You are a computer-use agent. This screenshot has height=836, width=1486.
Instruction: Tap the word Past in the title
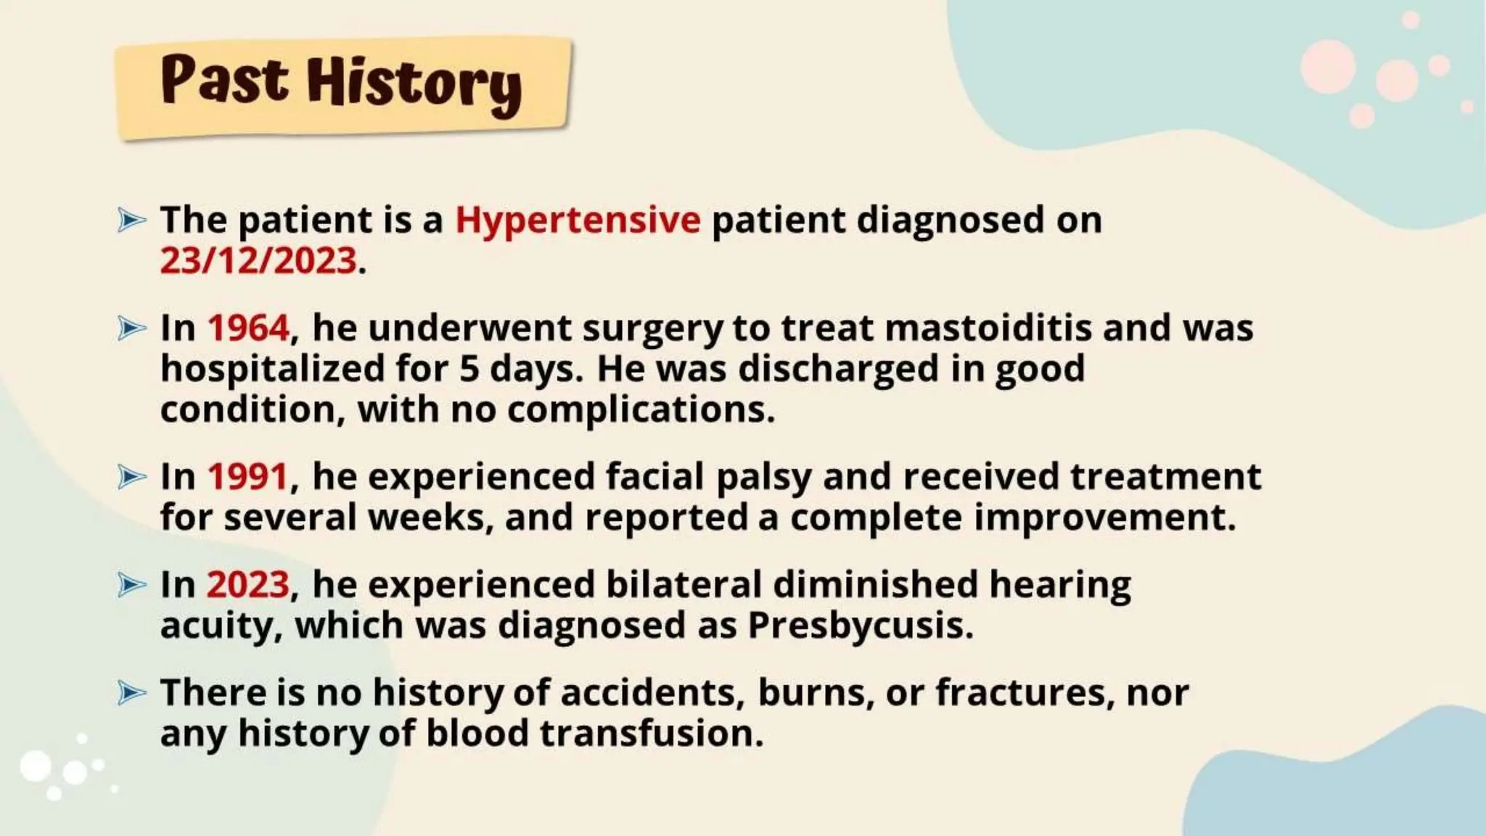pyautogui.click(x=224, y=80)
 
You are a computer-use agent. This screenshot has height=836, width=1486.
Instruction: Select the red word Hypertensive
pyautogui.click(x=578, y=220)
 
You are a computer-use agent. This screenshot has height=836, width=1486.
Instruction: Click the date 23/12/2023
pyautogui.click(x=258, y=261)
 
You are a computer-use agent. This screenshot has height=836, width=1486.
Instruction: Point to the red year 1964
pyautogui.click(x=248, y=328)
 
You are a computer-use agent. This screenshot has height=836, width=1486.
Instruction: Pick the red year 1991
pyautogui.click(x=247, y=477)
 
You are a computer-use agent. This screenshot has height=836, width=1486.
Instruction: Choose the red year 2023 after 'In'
pyautogui.click(x=247, y=585)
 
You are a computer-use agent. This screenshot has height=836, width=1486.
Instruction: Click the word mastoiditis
pyautogui.click(x=988, y=328)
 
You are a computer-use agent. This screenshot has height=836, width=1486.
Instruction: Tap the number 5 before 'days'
pyautogui.click(x=469, y=369)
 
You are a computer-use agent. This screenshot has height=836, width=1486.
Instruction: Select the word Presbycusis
pyautogui.click(x=860, y=626)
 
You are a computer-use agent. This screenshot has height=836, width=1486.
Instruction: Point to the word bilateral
pyautogui.click(x=684, y=585)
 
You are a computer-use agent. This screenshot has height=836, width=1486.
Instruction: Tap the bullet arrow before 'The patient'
pyautogui.click(x=131, y=220)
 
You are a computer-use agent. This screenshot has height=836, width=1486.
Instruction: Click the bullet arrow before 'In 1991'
pyautogui.click(x=131, y=477)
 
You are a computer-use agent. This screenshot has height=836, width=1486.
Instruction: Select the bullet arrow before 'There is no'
pyautogui.click(x=131, y=692)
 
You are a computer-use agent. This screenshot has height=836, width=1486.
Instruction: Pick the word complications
pyautogui.click(x=641, y=410)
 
